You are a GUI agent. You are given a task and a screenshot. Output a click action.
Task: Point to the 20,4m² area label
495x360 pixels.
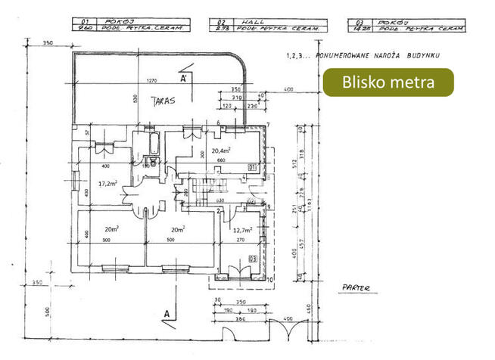pyautogui.click(x=220, y=150)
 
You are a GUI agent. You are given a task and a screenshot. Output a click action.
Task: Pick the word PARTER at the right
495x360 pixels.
pyautogui.click(x=355, y=287)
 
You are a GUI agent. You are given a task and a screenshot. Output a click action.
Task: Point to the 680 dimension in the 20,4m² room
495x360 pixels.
pyautogui.click(x=221, y=160)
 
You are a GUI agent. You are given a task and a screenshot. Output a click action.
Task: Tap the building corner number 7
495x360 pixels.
pyautogui.click(x=269, y=125)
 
